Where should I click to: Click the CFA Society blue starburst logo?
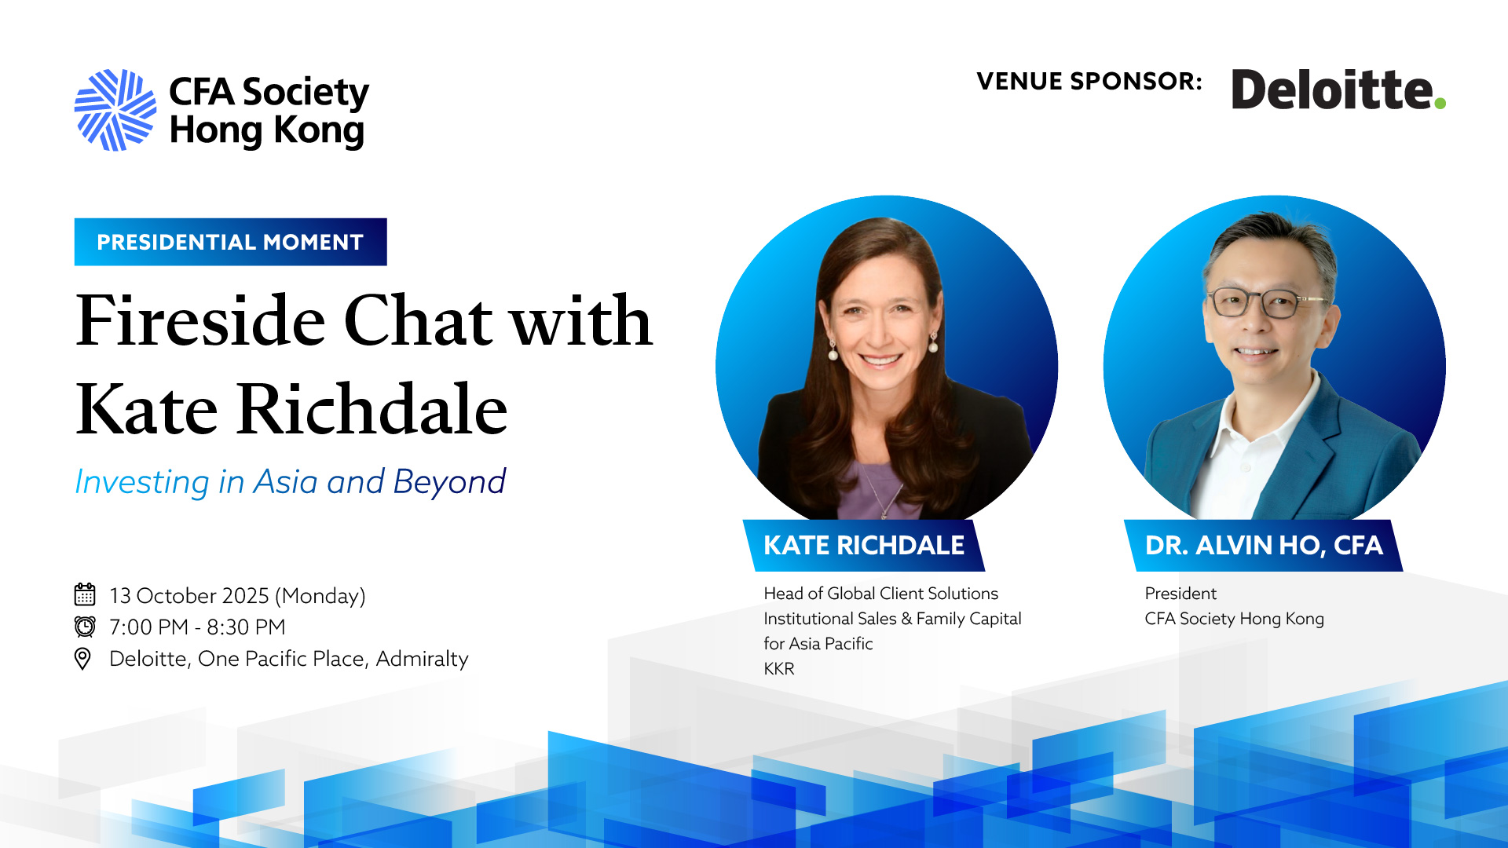coord(115,110)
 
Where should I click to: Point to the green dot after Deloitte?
coord(1440,103)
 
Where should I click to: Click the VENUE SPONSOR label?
coord(1089,81)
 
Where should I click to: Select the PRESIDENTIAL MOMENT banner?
coord(230,242)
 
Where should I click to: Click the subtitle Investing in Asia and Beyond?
coord(290,481)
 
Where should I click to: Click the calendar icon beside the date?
coord(85,594)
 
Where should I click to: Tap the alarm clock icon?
coord(85,626)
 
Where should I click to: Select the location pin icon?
coord(82,658)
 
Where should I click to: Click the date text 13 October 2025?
coord(189,595)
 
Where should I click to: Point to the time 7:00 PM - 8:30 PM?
coord(197,627)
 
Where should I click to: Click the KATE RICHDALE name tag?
coord(864,545)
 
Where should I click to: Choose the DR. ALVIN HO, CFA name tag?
coord(1264,545)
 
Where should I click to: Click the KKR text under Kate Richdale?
coord(779,668)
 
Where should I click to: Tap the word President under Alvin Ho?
coord(1180,594)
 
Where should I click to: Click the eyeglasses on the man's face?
coord(1265,302)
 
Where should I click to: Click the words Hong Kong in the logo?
coord(267,130)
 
